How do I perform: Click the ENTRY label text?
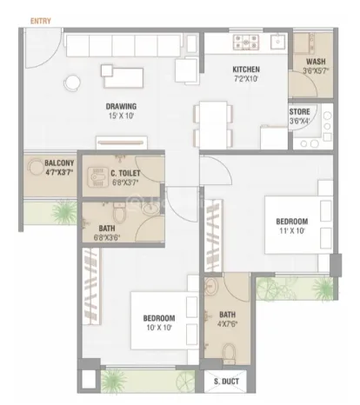(41, 21)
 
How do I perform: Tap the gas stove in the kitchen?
(246, 42)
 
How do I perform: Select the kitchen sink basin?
(277, 42)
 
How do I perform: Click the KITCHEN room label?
(246, 70)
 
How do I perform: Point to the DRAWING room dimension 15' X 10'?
(121, 116)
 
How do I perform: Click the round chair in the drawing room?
(71, 83)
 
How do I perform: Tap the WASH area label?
(316, 62)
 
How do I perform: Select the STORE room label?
(299, 112)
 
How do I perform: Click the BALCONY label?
(59, 163)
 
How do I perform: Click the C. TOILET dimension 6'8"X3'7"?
(125, 183)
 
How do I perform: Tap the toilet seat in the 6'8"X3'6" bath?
(118, 213)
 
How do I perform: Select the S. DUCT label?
(226, 382)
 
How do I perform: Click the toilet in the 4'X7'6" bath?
(230, 354)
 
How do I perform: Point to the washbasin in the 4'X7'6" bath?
(210, 287)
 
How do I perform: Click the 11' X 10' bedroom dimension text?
(292, 231)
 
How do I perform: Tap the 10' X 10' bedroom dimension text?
(159, 328)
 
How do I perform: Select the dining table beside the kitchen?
(213, 125)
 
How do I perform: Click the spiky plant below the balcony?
(64, 211)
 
